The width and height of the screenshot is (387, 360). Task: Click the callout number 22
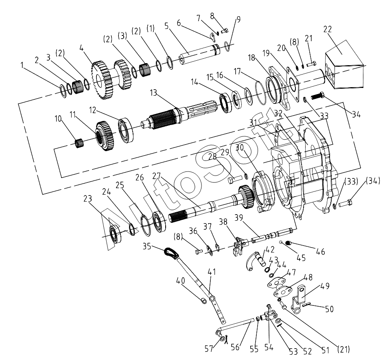click(328, 29)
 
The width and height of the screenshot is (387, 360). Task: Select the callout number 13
click(153, 93)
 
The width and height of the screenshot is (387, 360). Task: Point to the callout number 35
click(147, 246)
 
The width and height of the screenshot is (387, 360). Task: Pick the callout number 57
click(209, 349)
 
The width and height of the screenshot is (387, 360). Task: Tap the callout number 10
click(58, 119)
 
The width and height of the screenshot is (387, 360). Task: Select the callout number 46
click(320, 252)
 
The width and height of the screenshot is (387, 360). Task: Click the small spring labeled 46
click(288, 243)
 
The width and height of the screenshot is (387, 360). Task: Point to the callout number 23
click(87, 198)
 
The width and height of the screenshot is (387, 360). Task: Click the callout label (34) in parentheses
click(373, 181)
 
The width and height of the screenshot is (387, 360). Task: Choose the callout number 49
click(325, 286)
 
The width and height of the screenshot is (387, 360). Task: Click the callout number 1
click(22, 65)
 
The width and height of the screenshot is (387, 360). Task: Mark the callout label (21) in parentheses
click(343, 349)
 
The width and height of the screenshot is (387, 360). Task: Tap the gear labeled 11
click(105, 136)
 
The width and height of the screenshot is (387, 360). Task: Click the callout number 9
click(238, 19)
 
